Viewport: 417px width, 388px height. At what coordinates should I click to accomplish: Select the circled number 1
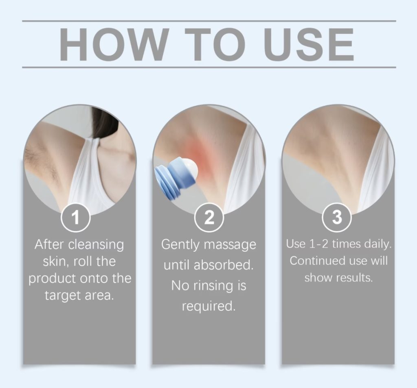(76, 217)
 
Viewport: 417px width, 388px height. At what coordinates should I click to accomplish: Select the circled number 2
(209, 217)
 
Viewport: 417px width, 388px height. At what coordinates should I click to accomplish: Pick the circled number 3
(337, 217)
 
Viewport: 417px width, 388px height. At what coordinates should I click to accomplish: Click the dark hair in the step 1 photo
(105, 122)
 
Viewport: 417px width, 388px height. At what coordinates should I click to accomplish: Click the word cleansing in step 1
(96, 245)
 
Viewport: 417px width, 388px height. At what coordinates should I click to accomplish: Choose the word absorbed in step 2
(224, 265)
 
